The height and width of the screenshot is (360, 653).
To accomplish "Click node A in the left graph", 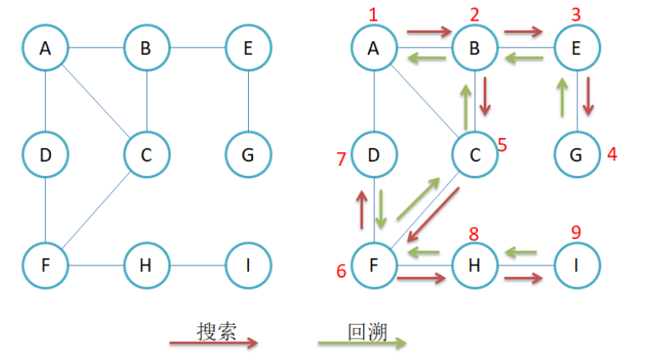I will coord(44,48).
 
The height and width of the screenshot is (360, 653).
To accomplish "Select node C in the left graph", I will coord(146,155).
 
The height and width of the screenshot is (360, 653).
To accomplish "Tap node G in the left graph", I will coord(247,155).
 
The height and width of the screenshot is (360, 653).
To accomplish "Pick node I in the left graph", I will coord(247,265).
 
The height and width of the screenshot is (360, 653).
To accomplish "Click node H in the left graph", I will coord(146,265).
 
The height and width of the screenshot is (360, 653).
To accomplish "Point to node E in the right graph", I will coord(576,48).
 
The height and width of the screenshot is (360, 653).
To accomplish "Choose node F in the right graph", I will coord(374,265).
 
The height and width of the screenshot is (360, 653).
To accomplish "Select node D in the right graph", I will coord(374,155).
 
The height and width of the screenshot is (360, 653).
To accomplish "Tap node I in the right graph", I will coord(576,265).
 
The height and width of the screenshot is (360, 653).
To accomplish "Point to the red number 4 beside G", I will coord(611,153).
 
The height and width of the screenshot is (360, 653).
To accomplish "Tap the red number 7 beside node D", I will coord(341,159).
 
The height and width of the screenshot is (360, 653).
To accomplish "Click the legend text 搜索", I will coord(217,330).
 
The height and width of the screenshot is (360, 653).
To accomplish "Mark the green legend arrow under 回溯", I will coord(361,343).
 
